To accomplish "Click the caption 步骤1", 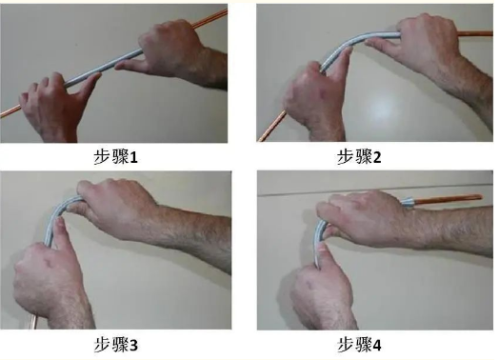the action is [115, 157].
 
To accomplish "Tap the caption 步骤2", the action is [359, 157].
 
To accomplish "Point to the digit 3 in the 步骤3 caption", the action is [133, 346].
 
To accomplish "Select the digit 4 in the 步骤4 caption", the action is [377, 346].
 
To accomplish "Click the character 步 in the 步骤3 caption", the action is [103, 345].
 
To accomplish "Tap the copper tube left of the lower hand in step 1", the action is [11, 110].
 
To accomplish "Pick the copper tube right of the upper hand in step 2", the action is [475, 33].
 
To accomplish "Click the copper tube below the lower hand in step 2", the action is [272, 126].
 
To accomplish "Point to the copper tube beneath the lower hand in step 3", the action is [33, 321].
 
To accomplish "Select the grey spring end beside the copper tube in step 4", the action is [408, 202].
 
